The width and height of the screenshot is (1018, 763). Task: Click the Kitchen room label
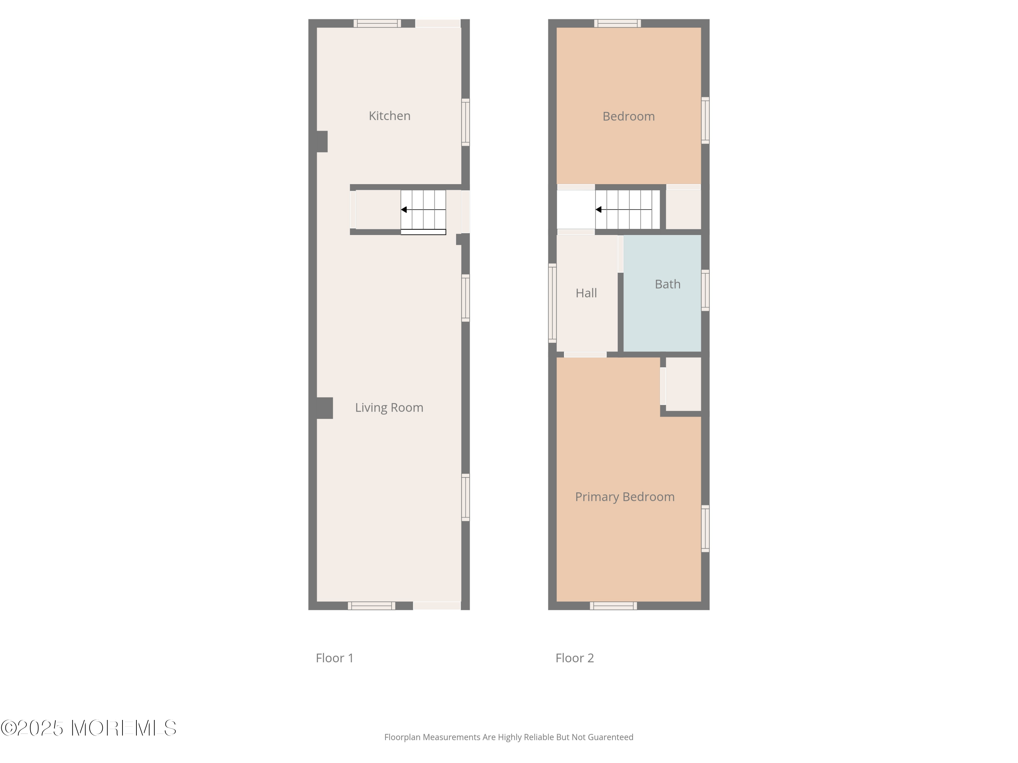tap(389, 116)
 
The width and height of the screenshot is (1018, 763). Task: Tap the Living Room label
tap(389, 408)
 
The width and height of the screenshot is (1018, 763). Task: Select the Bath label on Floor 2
tap(667, 284)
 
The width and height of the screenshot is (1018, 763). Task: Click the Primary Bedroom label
tap(624, 497)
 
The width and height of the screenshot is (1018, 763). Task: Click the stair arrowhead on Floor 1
tap(403, 210)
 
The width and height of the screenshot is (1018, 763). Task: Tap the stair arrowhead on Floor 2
tap(598, 210)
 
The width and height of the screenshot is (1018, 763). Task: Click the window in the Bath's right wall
tap(705, 290)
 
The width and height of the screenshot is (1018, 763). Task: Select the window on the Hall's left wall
tap(552, 303)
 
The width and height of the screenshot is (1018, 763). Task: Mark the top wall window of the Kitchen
tap(377, 23)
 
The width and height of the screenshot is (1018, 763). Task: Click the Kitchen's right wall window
tap(465, 122)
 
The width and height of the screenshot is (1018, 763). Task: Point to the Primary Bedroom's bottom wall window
tap(613, 606)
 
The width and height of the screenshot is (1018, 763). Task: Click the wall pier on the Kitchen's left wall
tap(322, 142)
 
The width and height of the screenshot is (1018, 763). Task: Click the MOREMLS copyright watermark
tap(88, 728)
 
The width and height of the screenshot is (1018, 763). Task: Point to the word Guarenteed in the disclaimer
tap(610, 737)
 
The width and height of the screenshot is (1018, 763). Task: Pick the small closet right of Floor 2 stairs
tap(683, 209)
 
